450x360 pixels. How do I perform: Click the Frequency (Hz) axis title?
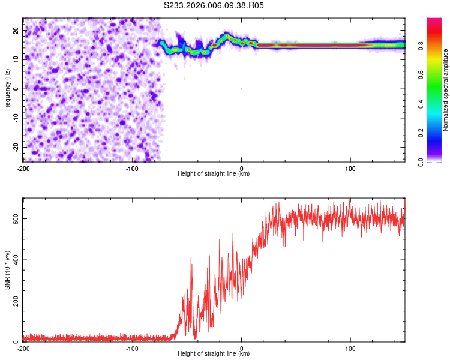[7, 89]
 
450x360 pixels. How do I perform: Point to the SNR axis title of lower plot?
[7, 269]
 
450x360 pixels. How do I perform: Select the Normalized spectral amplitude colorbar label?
[445, 90]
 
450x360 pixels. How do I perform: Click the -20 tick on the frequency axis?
[15, 147]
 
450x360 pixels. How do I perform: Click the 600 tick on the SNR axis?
[14, 218]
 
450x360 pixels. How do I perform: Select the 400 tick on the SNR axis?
[14, 260]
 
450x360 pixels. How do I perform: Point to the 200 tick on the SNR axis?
[14, 301]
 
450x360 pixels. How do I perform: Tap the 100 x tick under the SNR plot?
[350, 348]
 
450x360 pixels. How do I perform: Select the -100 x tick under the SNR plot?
[132, 348]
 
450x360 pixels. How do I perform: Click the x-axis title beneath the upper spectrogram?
[214, 174]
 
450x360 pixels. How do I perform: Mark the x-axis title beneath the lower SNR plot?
[214, 354]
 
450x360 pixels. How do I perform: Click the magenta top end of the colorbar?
[434, 20]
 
